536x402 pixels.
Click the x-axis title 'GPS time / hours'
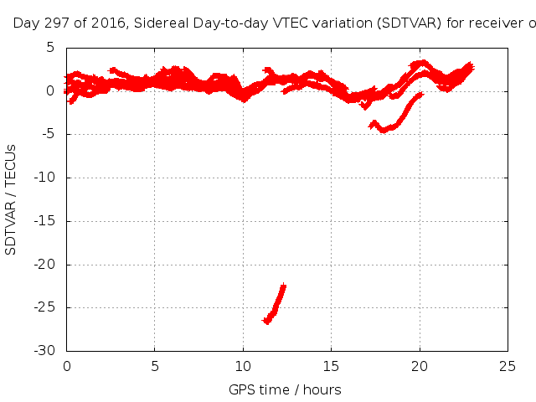(x=285, y=389)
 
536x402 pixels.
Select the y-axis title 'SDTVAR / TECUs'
(x=11, y=198)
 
